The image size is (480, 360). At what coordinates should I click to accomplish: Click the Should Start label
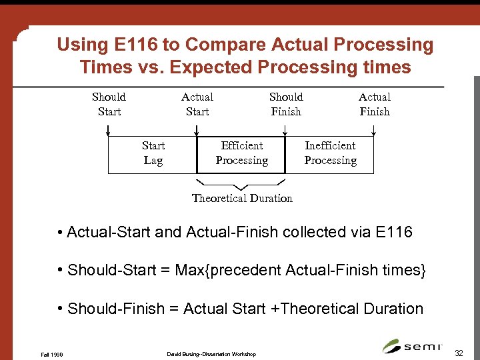pos(109,104)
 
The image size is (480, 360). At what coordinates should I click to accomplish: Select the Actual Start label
pos(197,104)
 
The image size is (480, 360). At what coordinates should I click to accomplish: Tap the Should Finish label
pos(286,104)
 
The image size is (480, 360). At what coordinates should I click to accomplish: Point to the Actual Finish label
pos(375,104)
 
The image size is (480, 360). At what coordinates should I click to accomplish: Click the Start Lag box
pos(153,153)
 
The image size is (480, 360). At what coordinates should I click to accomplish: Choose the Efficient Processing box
pos(241,153)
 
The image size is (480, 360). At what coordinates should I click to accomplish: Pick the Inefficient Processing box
pos(330,153)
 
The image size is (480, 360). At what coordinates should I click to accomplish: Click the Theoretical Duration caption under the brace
pos(242,198)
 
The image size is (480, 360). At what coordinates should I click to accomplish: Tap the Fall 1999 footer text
pos(52,354)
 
